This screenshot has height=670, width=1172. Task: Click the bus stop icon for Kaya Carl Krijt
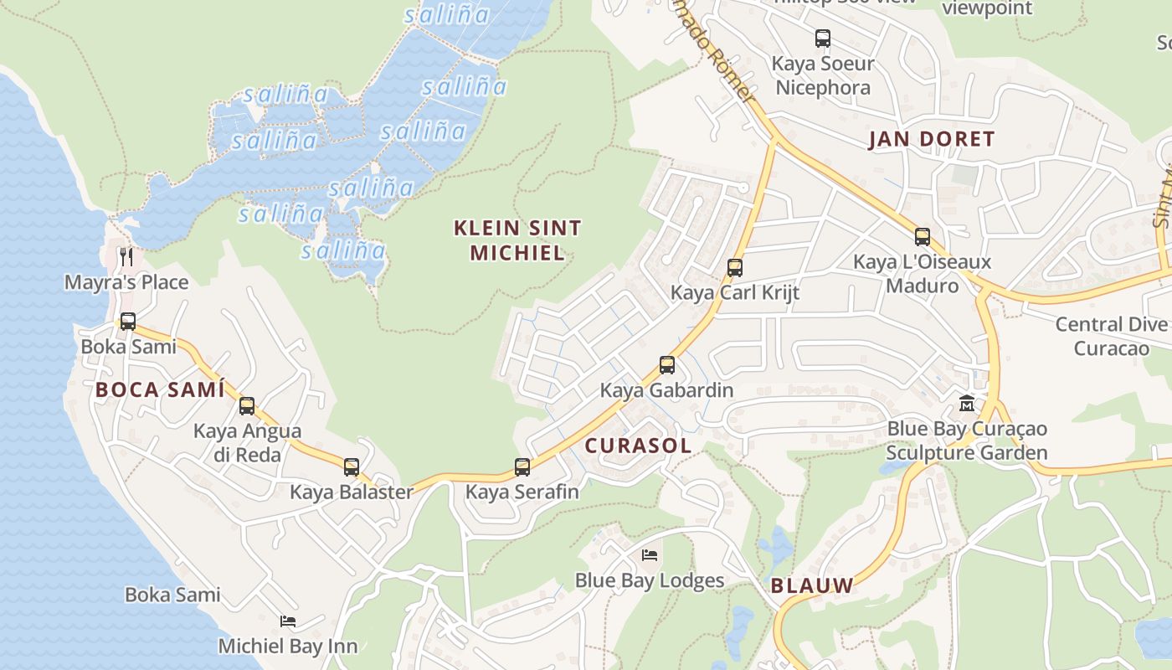point(735,268)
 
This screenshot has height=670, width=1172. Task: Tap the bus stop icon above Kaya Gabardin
point(667,365)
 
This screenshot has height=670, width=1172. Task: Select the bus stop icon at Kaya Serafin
point(522,467)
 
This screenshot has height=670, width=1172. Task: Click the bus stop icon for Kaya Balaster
point(352,467)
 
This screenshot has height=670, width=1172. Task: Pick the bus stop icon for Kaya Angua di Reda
point(247,406)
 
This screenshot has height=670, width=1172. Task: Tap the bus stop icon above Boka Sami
point(128,322)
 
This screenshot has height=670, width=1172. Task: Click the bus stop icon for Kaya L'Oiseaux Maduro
point(923,237)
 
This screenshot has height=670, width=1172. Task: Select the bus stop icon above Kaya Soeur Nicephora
point(823,39)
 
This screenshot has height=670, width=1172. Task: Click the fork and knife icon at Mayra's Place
point(126,255)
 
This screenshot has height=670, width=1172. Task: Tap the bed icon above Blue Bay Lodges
point(650,554)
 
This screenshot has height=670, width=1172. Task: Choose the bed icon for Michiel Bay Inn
point(288,621)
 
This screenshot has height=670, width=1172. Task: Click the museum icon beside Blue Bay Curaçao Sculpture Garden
point(967,404)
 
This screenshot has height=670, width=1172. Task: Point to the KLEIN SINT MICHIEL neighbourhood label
point(517,240)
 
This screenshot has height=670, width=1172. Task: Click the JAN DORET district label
point(931,139)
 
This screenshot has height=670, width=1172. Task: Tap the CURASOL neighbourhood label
point(638,446)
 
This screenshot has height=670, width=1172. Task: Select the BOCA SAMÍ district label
point(160,389)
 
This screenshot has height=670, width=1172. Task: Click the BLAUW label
point(812,585)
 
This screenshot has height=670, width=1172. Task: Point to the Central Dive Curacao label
point(1111,336)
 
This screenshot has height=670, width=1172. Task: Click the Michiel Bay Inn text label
point(288,647)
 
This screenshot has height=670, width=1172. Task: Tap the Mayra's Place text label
point(126,282)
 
